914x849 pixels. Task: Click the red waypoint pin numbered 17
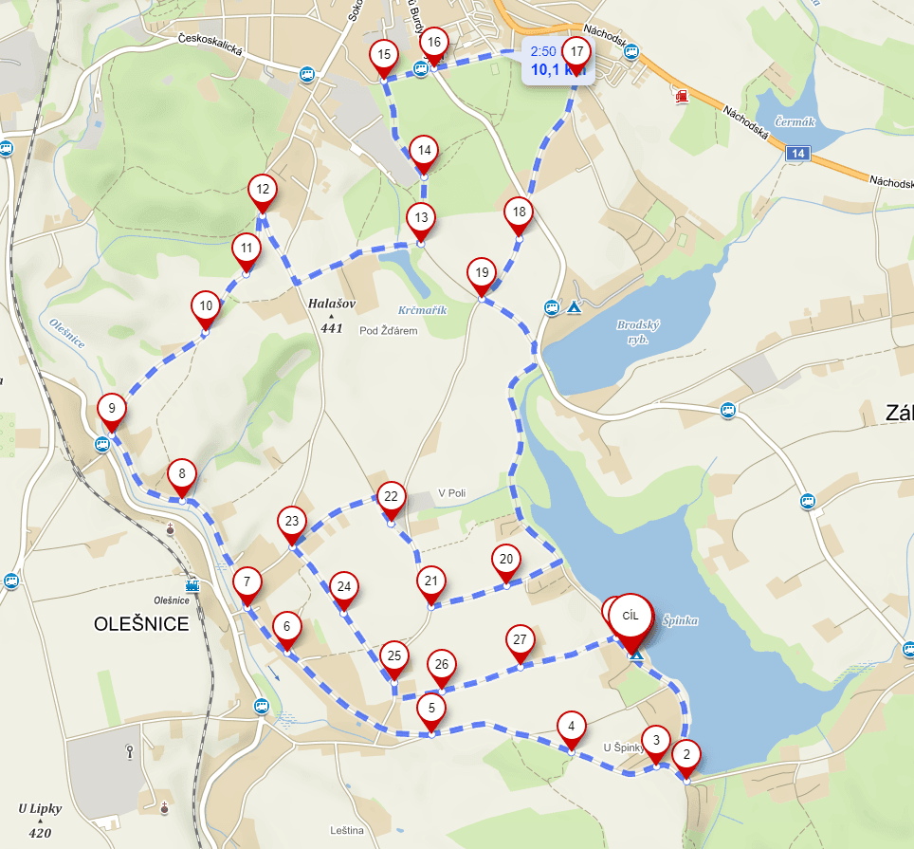click(575, 52)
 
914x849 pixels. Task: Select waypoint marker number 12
click(263, 189)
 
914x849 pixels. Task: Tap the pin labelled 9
click(111, 409)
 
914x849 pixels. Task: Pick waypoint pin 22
click(391, 496)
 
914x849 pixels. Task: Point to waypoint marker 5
click(431, 708)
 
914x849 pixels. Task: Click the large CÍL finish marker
click(631, 617)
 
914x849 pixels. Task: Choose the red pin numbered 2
click(686, 755)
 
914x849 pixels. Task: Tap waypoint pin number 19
click(482, 273)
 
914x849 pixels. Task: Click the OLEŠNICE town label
click(141, 624)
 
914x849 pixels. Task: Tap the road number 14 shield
click(799, 153)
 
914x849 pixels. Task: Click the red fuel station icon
click(680, 97)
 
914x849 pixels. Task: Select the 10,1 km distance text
click(558, 69)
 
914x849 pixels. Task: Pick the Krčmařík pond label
click(422, 310)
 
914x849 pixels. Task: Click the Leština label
click(346, 831)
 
